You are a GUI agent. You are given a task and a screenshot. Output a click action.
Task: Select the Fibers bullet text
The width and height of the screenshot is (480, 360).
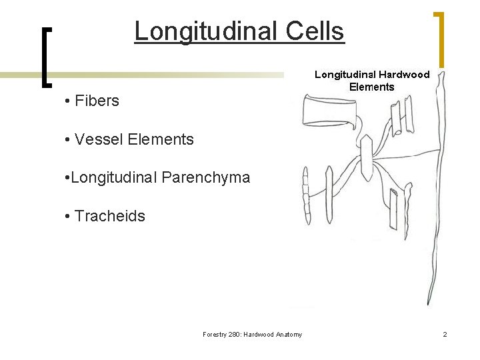tap(97, 101)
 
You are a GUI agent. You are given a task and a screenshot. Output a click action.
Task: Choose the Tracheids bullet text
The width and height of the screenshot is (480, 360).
tap(110, 216)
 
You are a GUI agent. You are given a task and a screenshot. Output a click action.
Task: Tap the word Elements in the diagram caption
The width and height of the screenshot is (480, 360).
tap(371, 87)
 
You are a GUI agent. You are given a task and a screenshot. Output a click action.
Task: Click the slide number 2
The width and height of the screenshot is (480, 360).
tap(445, 335)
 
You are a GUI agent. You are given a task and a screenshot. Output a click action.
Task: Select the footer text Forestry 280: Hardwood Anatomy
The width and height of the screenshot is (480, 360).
tap(252, 335)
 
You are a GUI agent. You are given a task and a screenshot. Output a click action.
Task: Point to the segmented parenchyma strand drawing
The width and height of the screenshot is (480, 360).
tap(306, 190)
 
